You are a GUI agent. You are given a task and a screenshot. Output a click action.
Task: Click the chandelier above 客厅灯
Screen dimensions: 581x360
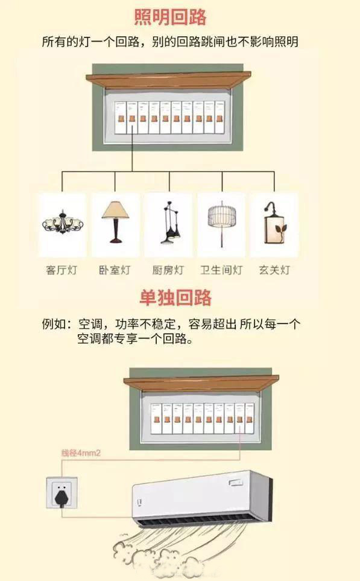point(62,224)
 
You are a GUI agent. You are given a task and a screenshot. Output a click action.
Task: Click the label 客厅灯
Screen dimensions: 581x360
point(62,270)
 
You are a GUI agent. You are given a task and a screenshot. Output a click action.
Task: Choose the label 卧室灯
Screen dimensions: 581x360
point(115,270)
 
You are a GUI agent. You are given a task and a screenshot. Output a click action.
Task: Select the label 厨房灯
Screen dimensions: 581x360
point(168,270)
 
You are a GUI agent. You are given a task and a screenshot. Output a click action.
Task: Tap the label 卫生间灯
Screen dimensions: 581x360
point(221,270)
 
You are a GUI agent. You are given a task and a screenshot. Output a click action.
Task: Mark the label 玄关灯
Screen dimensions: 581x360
point(274,270)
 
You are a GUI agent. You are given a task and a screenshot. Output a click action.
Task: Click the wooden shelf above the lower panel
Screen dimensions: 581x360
point(201,383)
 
